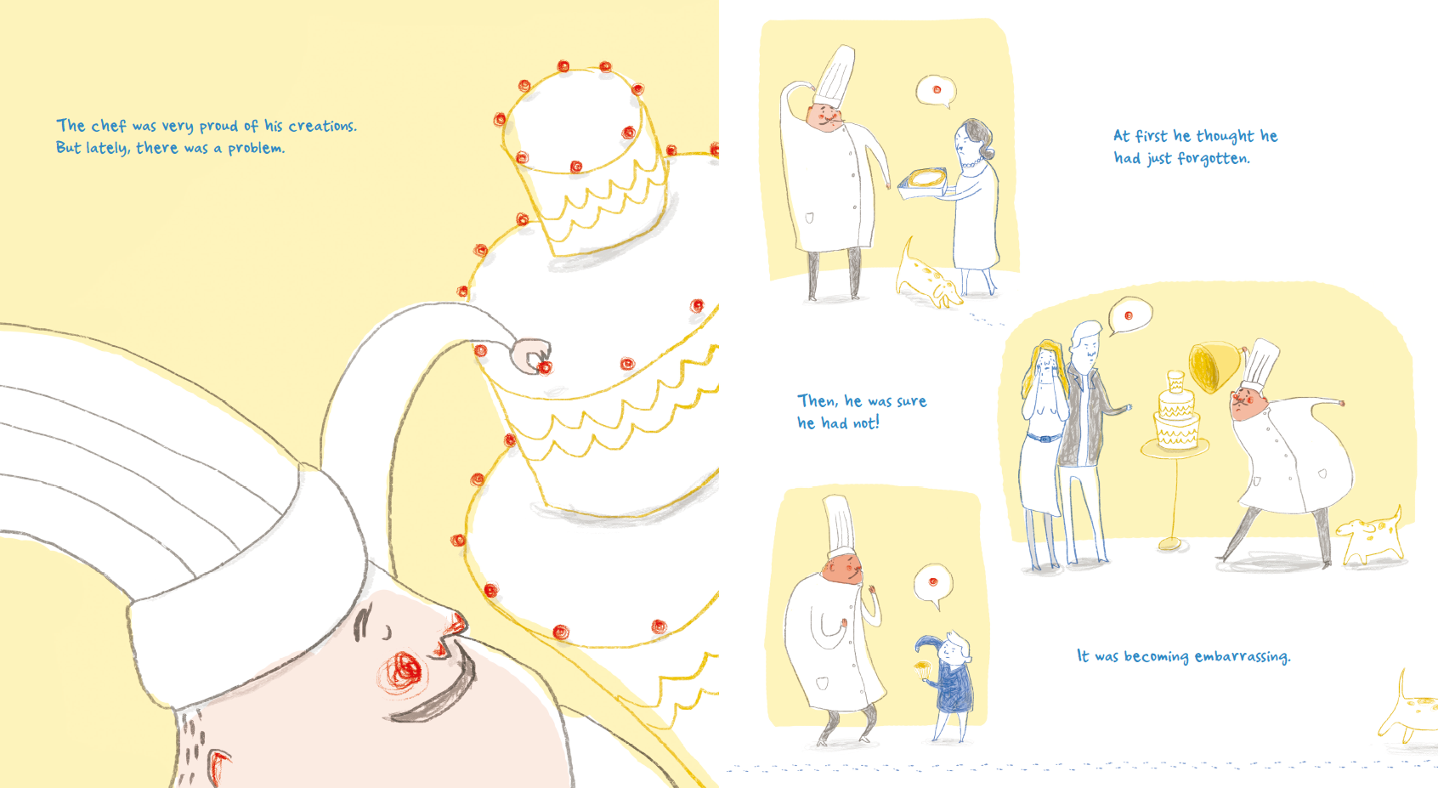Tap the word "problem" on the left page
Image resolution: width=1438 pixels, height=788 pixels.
tap(255, 149)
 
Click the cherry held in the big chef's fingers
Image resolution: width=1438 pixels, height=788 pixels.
tap(545, 366)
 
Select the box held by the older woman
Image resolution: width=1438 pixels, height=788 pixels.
tap(922, 183)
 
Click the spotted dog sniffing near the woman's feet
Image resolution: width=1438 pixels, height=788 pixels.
tap(926, 277)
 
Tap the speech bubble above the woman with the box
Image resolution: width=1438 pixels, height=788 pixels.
tap(937, 91)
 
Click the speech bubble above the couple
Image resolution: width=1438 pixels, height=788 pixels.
tap(1129, 316)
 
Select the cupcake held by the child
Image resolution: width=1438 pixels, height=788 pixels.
tap(923, 669)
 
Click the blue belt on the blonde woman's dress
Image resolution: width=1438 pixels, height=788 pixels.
tap(1045, 439)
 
